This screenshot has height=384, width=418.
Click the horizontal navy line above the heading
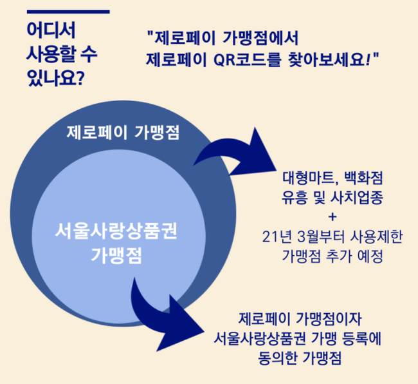[x=68, y=12]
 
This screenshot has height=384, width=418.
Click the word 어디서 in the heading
[x=51, y=30]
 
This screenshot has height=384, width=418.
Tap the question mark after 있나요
[x=80, y=78]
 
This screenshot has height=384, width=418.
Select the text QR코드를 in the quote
[x=248, y=59]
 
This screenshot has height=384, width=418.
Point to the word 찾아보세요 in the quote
[x=327, y=59]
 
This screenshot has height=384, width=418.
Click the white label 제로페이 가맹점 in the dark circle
[x=123, y=132]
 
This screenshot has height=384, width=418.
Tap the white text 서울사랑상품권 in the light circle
[x=116, y=231]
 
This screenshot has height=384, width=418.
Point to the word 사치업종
[x=357, y=198]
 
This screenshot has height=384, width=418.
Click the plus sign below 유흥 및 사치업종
[x=332, y=216]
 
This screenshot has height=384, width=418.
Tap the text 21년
[x=277, y=237]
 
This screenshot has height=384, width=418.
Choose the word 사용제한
[x=376, y=236]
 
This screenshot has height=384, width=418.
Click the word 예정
[x=370, y=256]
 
